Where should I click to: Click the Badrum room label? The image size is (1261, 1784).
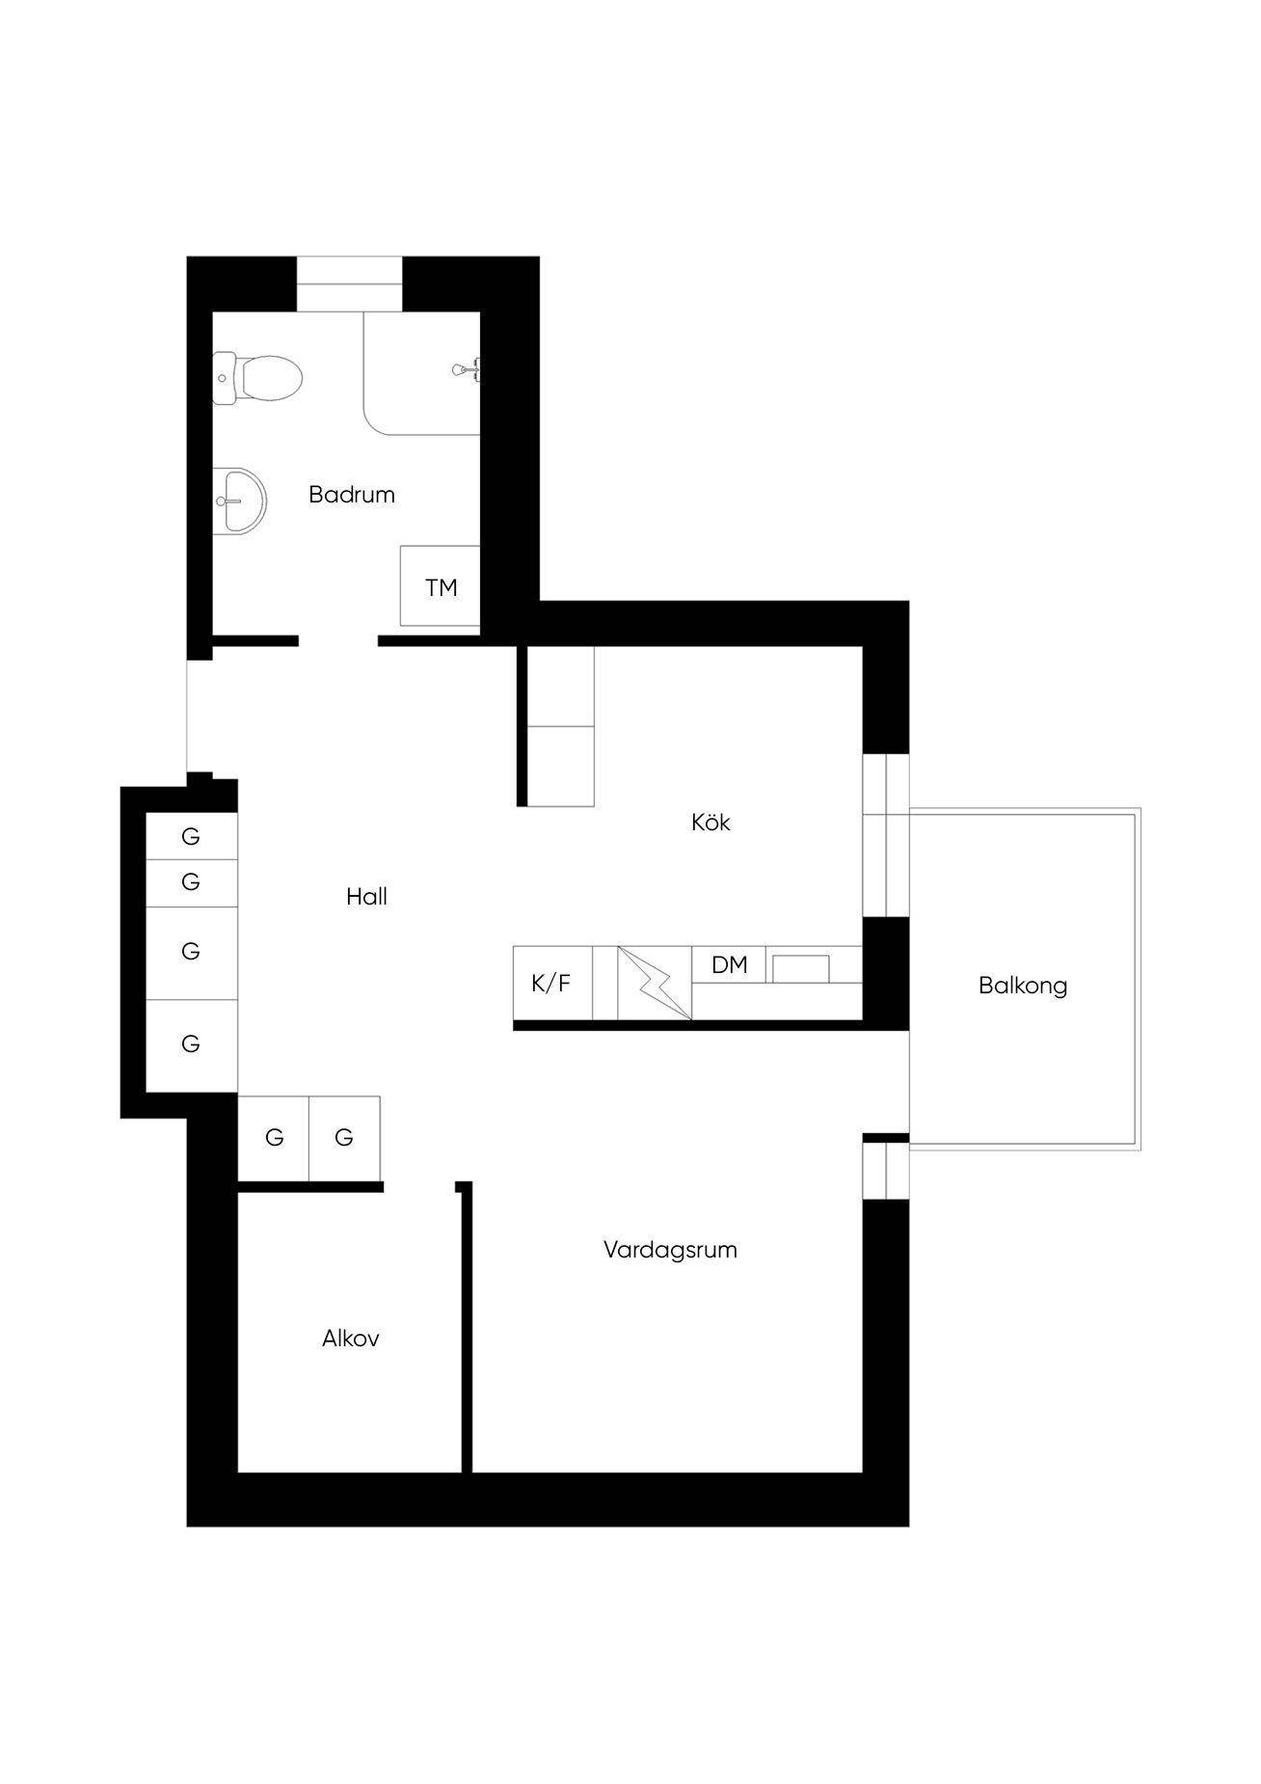click(352, 495)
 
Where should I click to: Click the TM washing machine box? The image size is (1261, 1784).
click(440, 586)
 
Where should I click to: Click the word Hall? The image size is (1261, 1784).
click(366, 897)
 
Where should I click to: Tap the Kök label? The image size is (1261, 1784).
click(711, 823)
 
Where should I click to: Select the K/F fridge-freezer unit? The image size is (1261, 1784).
click(552, 983)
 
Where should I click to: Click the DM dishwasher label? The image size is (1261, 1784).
click(730, 964)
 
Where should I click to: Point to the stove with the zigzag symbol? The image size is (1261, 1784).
click(655, 983)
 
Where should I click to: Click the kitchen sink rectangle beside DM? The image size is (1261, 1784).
click(801, 968)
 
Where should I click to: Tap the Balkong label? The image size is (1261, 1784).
click(1023, 986)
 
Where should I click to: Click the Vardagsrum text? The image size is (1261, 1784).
click(670, 1250)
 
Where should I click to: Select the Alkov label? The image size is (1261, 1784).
click(351, 1338)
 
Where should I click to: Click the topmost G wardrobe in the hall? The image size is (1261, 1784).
click(191, 836)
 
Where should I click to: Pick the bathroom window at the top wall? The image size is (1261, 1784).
click(349, 284)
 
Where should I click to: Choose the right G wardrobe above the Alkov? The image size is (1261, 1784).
click(344, 1138)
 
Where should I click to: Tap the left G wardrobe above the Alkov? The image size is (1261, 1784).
click(274, 1138)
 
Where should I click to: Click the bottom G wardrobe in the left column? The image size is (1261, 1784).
click(191, 1045)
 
